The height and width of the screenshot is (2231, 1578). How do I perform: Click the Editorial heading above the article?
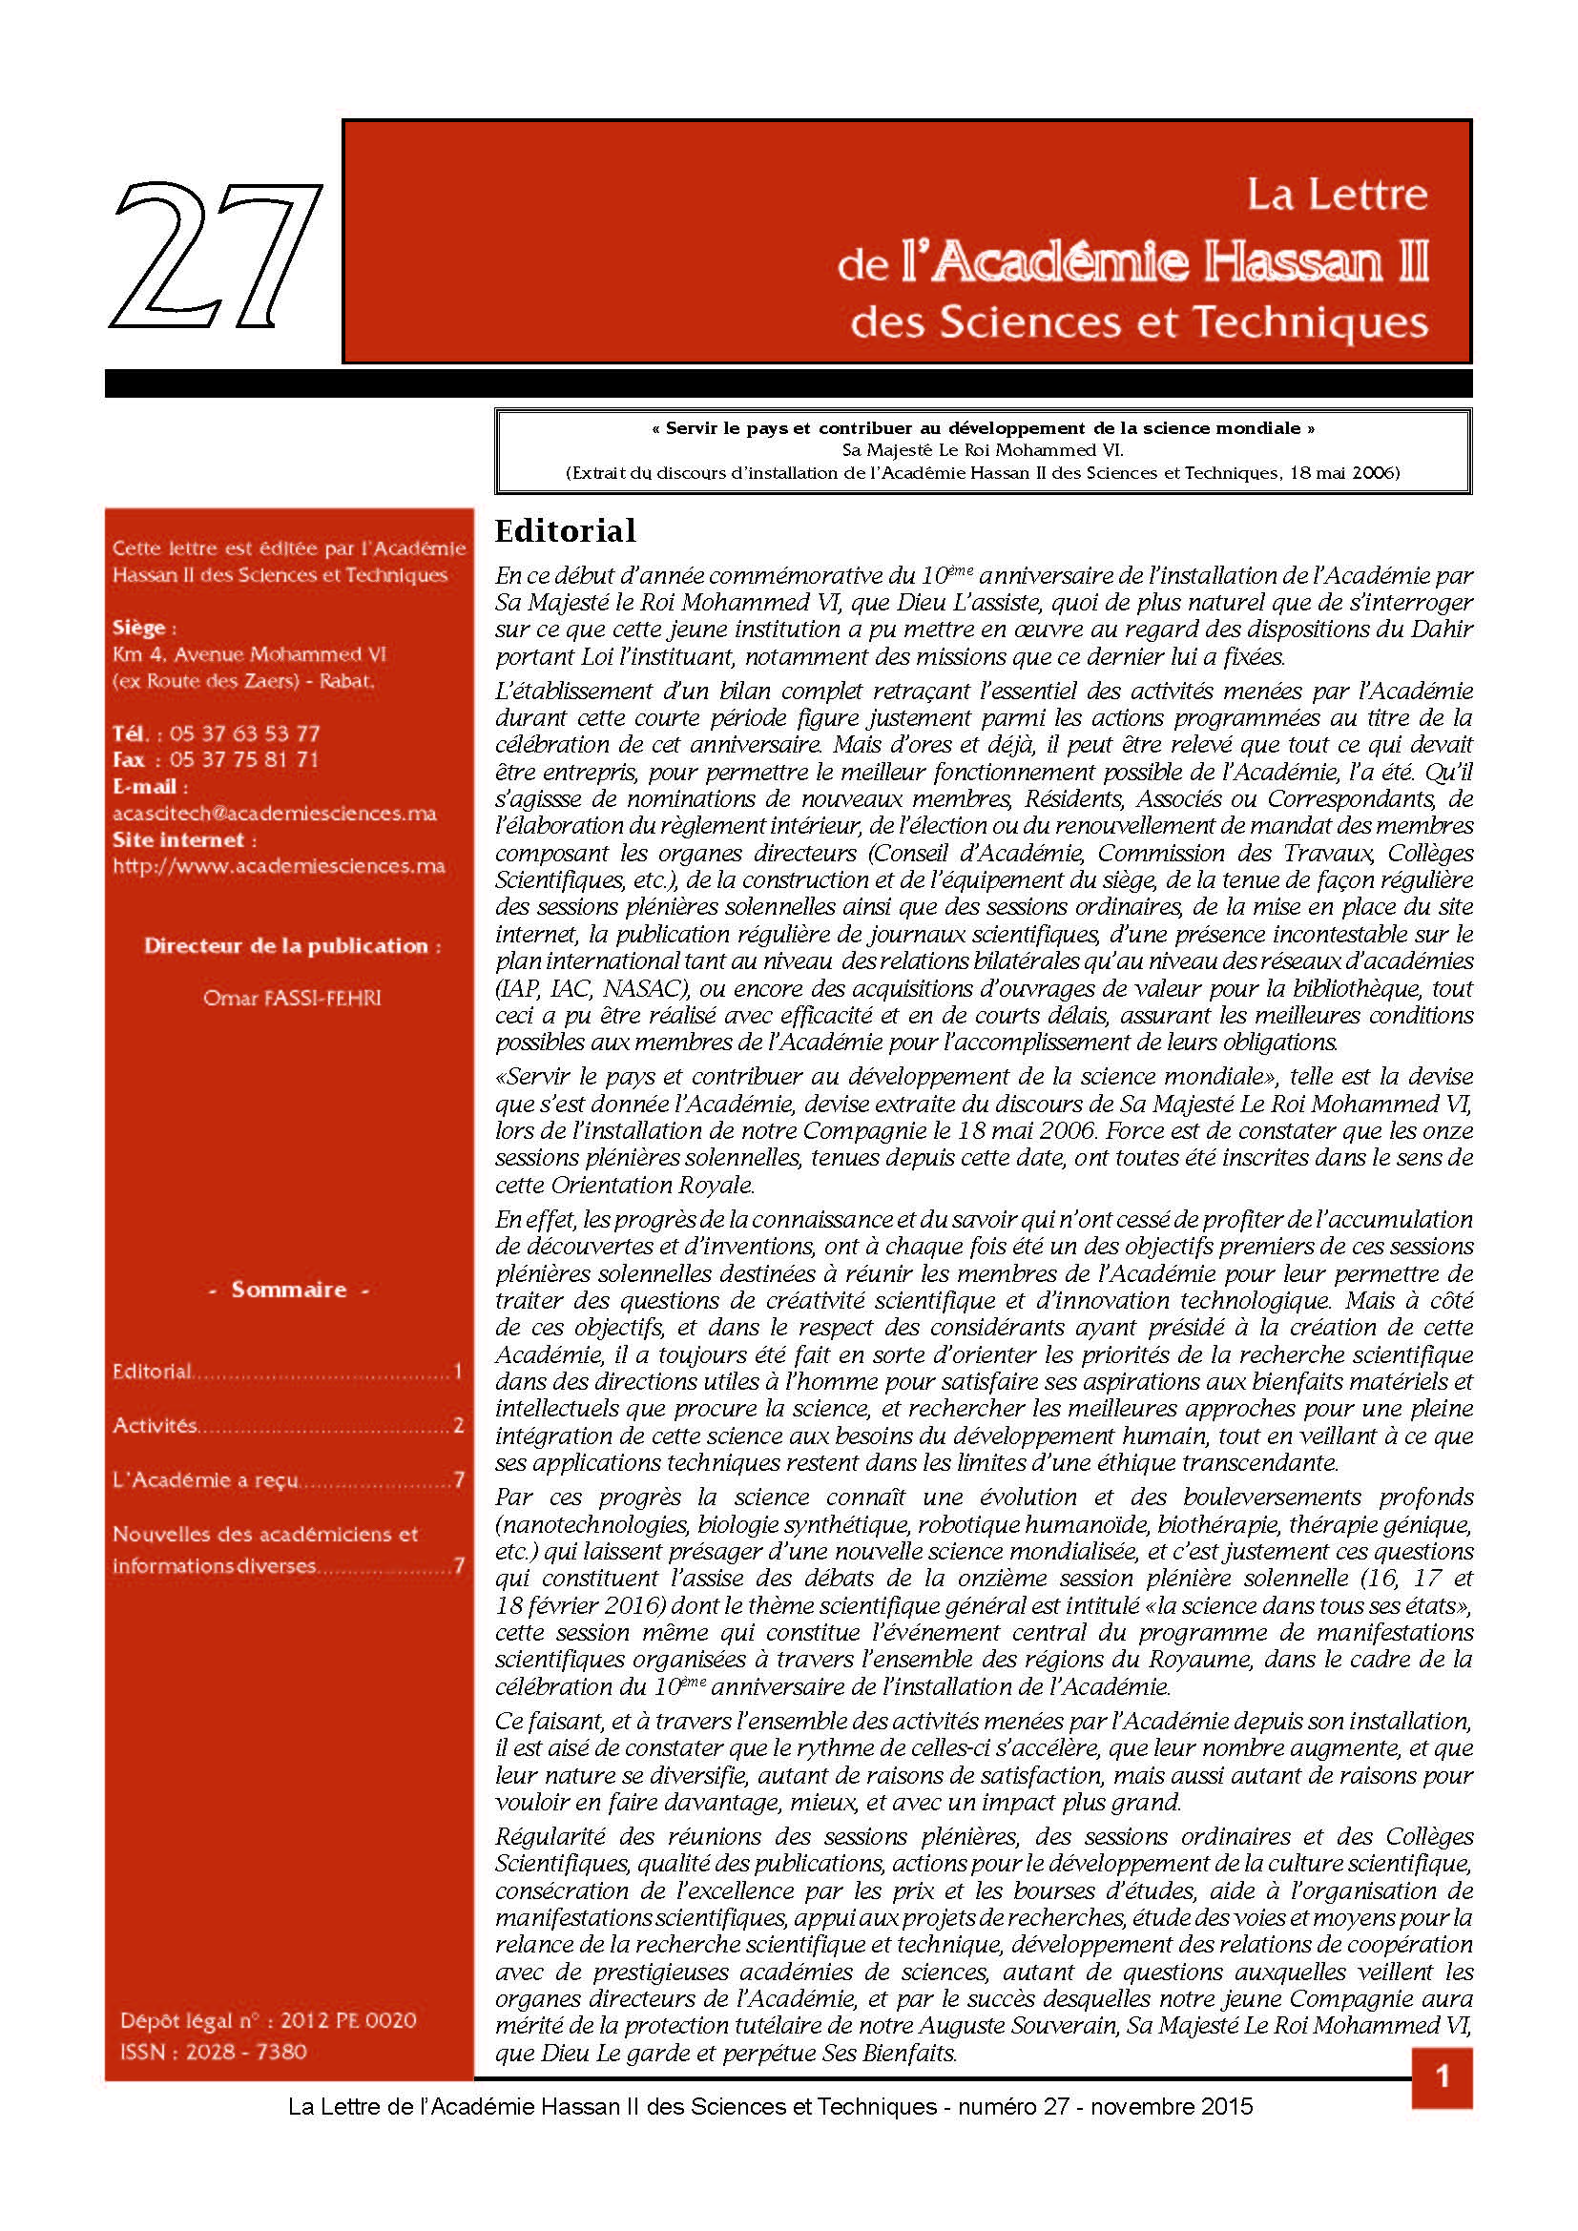click(565, 530)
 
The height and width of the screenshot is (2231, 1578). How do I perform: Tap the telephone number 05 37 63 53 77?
click(244, 733)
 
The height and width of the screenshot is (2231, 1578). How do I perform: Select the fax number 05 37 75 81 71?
click(244, 760)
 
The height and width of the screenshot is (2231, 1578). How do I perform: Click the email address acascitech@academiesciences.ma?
click(274, 814)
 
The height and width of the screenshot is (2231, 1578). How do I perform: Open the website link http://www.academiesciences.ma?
click(279, 866)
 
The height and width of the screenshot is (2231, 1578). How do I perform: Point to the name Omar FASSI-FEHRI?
click(292, 998)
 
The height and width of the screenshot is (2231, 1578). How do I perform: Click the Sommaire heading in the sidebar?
click(288, 1290)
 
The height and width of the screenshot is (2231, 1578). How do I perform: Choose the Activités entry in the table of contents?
click(156, 1425)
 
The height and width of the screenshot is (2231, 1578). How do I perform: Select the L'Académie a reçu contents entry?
click(205, 1480)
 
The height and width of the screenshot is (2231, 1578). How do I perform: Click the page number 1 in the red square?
click(1442, 2077)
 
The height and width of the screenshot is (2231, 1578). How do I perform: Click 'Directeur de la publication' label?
click(291, 945)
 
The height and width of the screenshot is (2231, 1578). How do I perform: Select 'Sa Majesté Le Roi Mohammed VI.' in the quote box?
click(983, 450)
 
